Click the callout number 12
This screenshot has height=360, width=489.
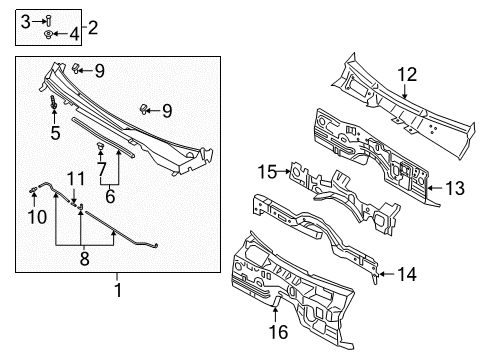[x=407, y=74]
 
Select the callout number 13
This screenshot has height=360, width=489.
[x=455, y=188]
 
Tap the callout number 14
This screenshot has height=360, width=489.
[x=407, y=274]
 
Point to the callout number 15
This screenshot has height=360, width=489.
[x=267, y=172]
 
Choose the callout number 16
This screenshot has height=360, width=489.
[x=278, y=332]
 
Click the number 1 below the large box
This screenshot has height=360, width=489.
[x=118, y=290]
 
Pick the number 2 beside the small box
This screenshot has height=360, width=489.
[x=93, y=27]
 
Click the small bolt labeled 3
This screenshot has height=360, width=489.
[x=49, y=21]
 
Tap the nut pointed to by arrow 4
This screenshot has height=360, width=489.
[x=48, y=34]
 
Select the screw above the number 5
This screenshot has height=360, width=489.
[x=53, y=102]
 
